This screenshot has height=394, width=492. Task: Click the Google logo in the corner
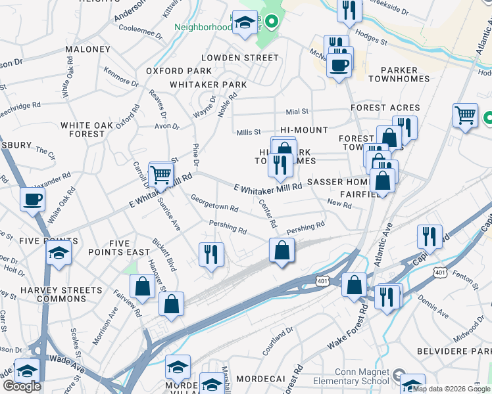point(22,386)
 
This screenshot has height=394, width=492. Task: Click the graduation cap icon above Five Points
point(59,252)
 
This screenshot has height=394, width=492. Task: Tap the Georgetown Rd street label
point(214,206)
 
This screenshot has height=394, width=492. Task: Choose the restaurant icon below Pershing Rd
point(211,254)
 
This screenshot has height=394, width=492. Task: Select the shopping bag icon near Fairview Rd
point(142,286)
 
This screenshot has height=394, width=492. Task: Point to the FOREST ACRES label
point(385,108)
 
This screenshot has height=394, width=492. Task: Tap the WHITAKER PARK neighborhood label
point(208,85)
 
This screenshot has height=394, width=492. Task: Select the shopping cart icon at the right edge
point(465,116)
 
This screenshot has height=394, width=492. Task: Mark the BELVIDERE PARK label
point(464,352)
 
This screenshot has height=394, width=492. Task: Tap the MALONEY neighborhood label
point(87,49)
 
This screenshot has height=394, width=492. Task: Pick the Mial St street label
point(297,112)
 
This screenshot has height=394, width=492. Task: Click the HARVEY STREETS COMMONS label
point(61,295)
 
